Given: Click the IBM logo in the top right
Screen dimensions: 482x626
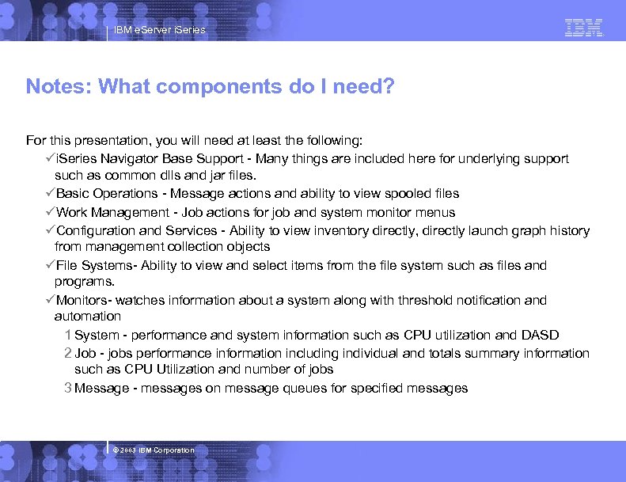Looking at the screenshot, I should point(584,28).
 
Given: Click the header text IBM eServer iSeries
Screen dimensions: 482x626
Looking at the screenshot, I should point(159,30).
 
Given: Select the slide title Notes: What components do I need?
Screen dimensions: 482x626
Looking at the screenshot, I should point(210,86).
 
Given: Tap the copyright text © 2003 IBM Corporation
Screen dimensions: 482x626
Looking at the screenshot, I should point(154,450).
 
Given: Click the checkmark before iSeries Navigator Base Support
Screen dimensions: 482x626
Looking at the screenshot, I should point(50,159).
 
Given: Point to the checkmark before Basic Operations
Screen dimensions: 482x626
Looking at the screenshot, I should point(50,194).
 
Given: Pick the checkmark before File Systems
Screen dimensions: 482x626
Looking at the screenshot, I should point(50,266).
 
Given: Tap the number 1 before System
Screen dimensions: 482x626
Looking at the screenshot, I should point(69,336).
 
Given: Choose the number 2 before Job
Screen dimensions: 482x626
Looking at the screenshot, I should point(69,354).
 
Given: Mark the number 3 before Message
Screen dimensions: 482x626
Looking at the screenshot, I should point(69,389).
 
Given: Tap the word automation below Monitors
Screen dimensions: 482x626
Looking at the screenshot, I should point(87,317).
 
